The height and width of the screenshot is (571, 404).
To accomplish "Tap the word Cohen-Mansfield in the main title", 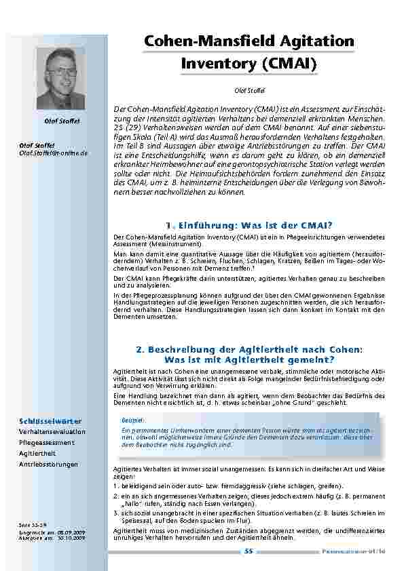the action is [207, 41].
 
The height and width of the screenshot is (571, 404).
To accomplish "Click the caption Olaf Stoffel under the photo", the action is [62, 121].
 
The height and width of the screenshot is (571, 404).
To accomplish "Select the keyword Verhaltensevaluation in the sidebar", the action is [52, 431].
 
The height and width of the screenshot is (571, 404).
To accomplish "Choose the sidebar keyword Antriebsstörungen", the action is [49, 464].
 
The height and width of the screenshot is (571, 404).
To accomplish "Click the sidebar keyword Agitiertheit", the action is [39, 453].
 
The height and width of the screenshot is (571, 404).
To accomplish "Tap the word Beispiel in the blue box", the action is [132, 420].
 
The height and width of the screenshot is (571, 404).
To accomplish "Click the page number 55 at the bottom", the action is [249, 552].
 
